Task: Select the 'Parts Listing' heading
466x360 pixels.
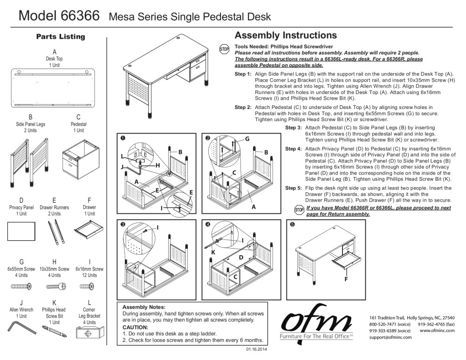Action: pos(61,36)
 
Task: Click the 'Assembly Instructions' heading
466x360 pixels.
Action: pos(285,35)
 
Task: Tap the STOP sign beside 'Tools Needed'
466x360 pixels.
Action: pos(224,49)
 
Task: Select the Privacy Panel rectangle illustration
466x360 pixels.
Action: pos(21,231)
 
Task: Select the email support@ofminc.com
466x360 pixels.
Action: pos(391,337)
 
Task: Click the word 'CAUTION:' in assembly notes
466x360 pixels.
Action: pos(135,327)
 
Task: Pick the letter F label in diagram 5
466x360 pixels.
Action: pos(346,279)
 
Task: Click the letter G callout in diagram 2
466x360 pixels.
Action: pos(247,139)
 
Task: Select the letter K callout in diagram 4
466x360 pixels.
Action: pos(213,252)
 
